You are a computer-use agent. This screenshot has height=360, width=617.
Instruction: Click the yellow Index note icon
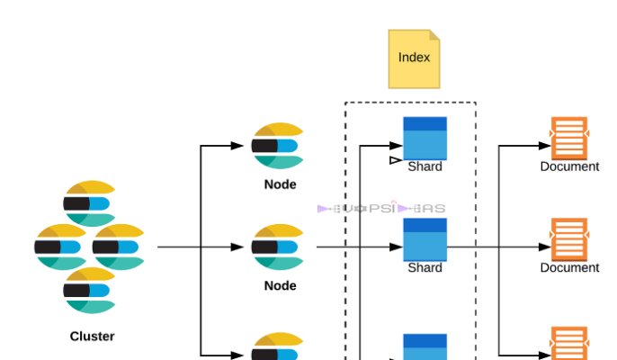tap(414, 58)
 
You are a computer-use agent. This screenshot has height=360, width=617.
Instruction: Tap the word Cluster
tap(92, 337)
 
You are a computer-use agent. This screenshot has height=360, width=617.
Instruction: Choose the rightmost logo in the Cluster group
tap(119, 246)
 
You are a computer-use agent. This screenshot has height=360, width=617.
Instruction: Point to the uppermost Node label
tap(280, 184)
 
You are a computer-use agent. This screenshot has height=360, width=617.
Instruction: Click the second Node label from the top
tap(280, 285)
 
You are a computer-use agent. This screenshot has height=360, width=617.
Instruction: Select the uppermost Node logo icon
tap(277, 146)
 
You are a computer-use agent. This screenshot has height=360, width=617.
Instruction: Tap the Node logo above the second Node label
tap(277, 247)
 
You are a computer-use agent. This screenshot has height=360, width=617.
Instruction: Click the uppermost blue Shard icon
tap(425, 138)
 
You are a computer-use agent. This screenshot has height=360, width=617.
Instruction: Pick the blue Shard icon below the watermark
tap(425, 238)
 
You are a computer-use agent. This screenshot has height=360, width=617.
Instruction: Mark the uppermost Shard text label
tap(425, 166)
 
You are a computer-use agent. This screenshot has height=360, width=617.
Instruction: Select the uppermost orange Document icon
tap(569, 138)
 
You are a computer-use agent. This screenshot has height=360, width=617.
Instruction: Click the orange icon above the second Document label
tap(569, 238)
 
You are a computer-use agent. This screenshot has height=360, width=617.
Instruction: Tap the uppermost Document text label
tap(569, 166)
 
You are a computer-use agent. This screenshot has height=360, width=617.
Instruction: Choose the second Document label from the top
tap(569, 267)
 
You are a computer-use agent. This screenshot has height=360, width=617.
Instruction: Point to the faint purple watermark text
tap(381, 209)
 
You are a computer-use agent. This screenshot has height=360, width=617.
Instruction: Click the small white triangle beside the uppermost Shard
tap(395, 161)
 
